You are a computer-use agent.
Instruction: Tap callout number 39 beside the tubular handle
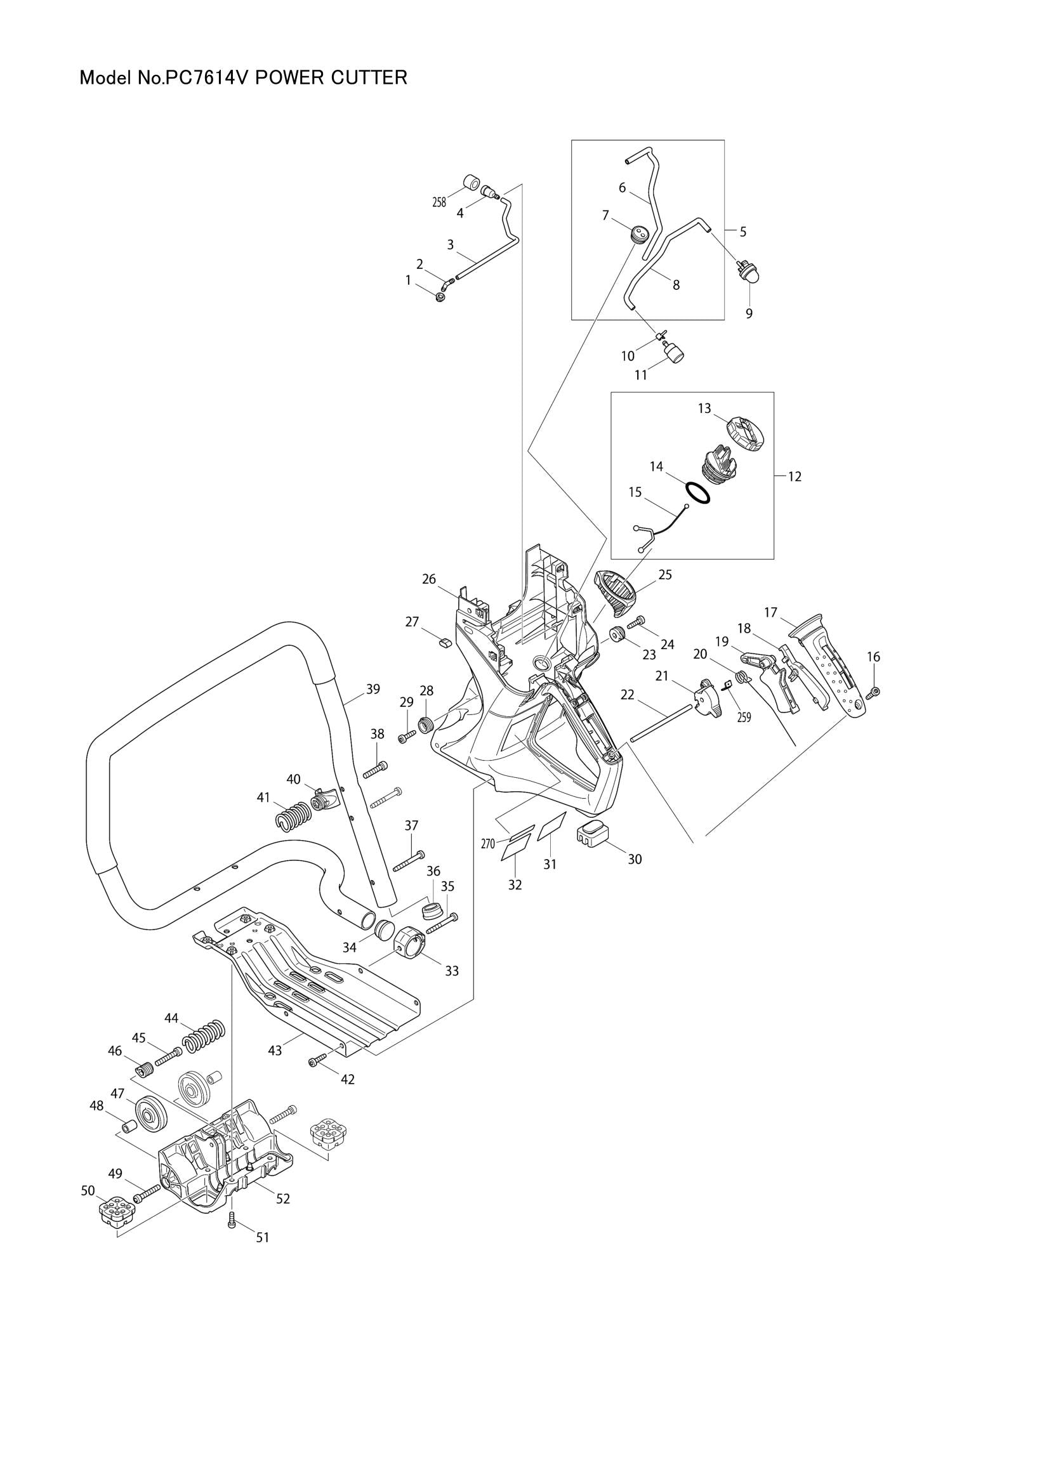coord(373,689)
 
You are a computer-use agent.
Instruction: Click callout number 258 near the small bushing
coord(439,202)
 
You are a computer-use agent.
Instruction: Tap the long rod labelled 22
coord(659,723)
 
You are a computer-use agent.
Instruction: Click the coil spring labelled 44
coord(204,1035)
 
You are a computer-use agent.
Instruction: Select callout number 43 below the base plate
coord(275,1051)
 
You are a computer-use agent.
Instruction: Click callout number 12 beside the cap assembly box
coord(795,476)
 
